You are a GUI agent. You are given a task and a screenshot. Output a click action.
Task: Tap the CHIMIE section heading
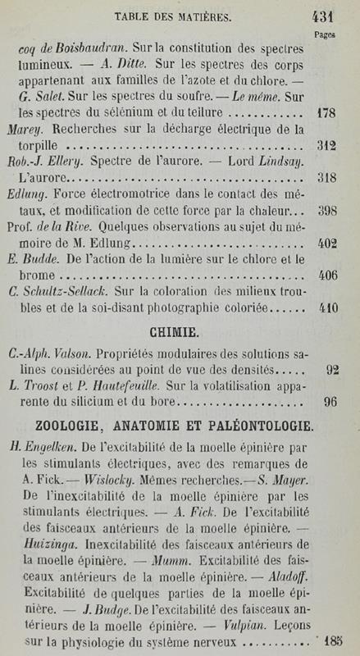tap(171, 333)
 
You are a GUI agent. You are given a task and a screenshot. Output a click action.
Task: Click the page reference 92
tap(331, 369)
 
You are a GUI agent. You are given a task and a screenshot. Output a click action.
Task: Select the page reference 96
tap(331, 402)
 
